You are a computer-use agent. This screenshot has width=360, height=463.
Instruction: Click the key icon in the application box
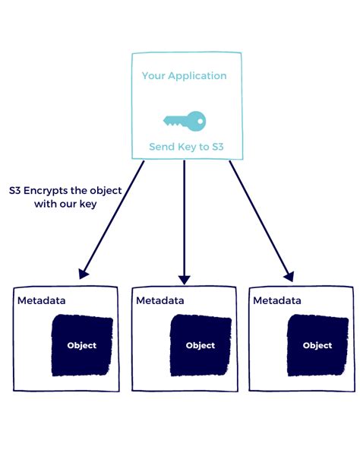184,119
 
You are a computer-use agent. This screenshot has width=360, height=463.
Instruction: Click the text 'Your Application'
184,76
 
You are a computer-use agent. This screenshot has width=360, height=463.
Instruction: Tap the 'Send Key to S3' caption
184,147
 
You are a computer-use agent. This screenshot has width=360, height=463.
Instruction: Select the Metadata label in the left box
42,300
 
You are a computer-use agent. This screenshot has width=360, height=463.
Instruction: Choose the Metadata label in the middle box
160,300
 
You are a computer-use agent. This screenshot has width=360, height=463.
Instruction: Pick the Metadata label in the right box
277,300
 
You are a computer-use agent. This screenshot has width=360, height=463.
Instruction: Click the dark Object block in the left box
81,345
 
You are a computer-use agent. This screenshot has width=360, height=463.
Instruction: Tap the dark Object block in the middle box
200,345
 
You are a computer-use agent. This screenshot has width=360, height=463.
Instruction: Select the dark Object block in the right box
317,345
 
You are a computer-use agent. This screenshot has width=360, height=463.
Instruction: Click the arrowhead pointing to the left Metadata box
84,271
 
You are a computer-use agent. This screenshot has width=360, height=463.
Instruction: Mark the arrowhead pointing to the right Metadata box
288,274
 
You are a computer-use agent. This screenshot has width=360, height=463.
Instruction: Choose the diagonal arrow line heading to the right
258,217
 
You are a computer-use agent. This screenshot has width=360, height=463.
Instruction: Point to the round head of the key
197,119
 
